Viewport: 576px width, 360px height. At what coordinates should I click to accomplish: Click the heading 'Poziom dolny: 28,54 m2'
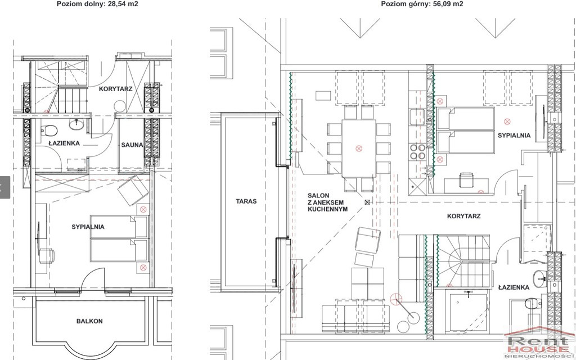(x=97, y=4)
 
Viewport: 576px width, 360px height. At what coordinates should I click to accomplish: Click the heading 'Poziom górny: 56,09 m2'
(x=422, y=4)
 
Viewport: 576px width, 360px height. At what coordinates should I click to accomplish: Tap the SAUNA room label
(x=132, y=145)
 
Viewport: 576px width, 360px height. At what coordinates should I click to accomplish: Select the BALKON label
(x=89, y=321)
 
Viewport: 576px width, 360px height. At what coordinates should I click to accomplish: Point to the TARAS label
(x=246, y=201)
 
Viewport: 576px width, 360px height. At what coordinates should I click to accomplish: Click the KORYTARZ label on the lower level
(x=115, y=89)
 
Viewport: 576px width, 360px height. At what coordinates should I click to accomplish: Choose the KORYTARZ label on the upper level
(x=464, y=217)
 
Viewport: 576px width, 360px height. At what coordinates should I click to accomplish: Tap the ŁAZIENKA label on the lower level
(x=64, y=143)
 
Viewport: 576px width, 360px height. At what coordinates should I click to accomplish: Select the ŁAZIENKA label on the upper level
(x=514, y=287)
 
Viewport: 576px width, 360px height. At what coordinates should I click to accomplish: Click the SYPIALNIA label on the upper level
(x=514, y=136)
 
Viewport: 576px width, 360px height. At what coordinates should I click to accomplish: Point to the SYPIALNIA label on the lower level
(x=88, y=227)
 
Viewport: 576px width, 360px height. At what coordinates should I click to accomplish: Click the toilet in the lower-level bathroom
(x=49, y=130)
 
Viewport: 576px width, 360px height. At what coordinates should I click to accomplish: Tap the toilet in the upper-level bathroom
(x=533, y=304)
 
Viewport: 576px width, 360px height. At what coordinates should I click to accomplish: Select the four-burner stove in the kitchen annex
(x=418, y=152)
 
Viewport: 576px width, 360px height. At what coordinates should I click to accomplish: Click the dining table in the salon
(x=359, y=148)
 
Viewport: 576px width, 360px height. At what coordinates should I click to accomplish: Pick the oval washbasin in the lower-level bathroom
(x=76, y=124)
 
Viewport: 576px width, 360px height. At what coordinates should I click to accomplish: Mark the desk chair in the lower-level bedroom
(x=47, y=256)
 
